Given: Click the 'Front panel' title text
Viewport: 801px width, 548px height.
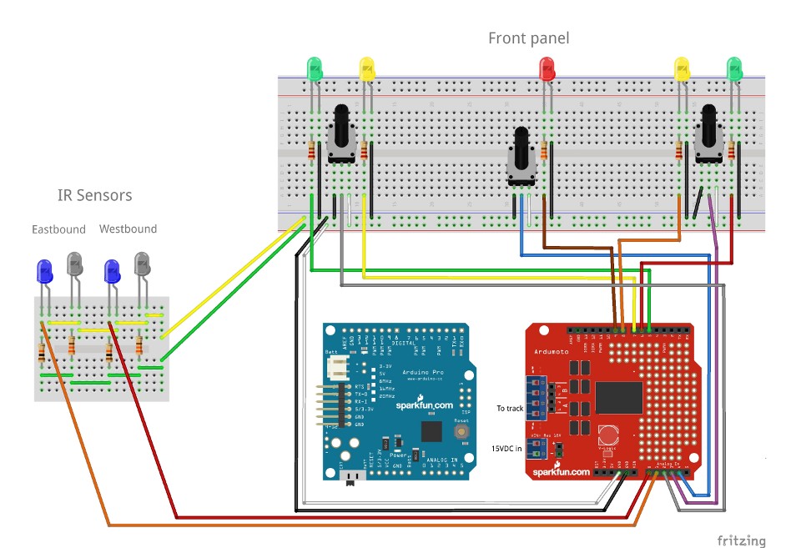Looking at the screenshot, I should tap(528, 38).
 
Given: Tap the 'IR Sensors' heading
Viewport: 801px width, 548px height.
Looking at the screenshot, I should tap(94, 196).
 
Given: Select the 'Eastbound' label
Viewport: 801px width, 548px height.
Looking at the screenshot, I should tap(58, 229).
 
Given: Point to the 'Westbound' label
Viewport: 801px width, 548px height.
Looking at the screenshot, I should tap(128, 229).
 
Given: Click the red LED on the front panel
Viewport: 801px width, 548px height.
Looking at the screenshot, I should tap(547, 68).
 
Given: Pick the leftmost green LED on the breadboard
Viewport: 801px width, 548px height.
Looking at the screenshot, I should tap(315, 68).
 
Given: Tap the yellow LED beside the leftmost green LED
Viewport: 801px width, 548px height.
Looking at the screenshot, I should tap(366, 68).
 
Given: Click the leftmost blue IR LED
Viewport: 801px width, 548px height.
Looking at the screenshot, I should tap(43, 271).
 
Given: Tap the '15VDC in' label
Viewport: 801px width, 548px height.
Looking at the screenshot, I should tap(506, 449).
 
